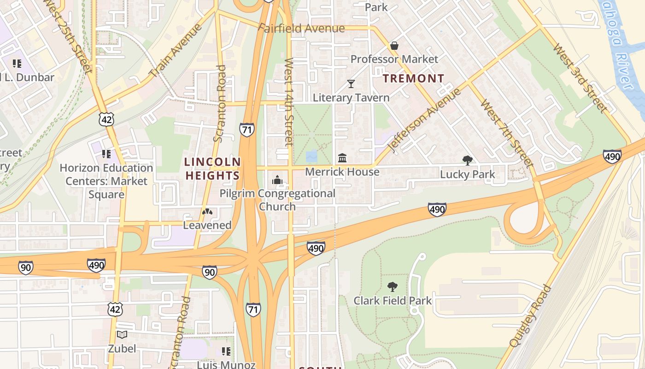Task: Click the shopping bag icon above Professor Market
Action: tap(394, 46)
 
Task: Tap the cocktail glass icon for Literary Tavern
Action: tap(351, 84)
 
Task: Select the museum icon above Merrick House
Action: tap(342, 158)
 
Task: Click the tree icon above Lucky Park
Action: tap(467, 161)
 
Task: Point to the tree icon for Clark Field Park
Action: tap(393, 287)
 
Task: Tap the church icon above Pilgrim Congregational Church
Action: tap(277, 180)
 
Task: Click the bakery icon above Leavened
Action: tap(207, 212)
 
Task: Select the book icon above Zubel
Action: tap(122, 335)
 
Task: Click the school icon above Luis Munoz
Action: tap(226, 351)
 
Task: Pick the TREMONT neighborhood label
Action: tap(414, 78)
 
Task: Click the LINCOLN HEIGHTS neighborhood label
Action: tap(212, 169)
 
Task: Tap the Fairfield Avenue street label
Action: tap(301, 29)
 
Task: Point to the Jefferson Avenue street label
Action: tap(424, 120)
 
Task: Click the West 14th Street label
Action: tap(289, 102)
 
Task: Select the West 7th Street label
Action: tap(506, 133)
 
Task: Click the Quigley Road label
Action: tap(531, 316)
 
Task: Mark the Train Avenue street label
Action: tap(176, 50)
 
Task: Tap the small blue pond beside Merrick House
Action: tap(311, 156)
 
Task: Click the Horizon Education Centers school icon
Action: tap(106, 154)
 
